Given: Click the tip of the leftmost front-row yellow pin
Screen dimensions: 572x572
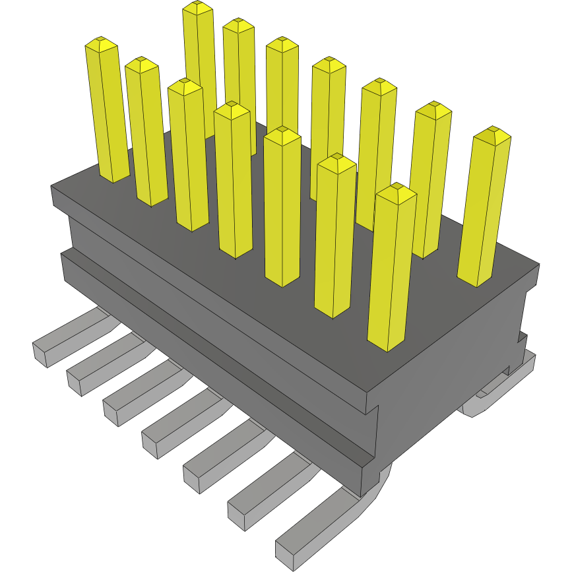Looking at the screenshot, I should point(101,45).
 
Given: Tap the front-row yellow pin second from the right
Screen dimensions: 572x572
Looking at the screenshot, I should point(333,238).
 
